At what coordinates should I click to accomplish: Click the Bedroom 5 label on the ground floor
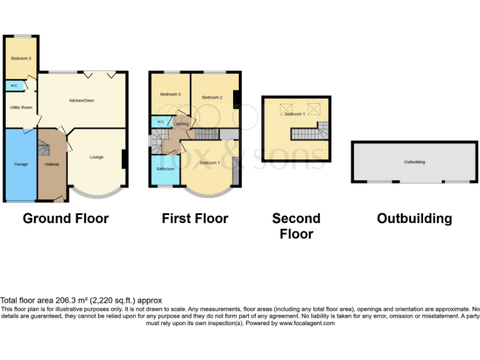pyautogui.click(x=21, y=58)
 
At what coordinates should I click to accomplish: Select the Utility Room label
pyautogui.click(x=21, y=107)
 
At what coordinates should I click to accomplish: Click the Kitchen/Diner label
pyautogui.click(x=82, y=100)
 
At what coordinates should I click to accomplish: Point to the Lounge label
pyautogui.click(x=96, y=157)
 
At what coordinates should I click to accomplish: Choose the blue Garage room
pyautogui.click(x=21, y=164)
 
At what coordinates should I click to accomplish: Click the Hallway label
pyautogui.click(x=52, y=164)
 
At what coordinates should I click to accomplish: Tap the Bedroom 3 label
pyautogui.click(x=170, y=94)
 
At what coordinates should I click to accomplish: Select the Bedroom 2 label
pyautogui.click(x=212, y=97)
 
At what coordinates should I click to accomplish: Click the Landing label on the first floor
pyautogui.click(x=181, y=124)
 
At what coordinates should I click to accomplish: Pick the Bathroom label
pyautogui.click(x=165, y=169)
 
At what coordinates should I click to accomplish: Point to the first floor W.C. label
pyautogui.click(x=160, y=121)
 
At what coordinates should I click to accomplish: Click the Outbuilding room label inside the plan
pyautogui.click(x=414, y=162)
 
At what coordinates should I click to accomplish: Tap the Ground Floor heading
pyautogui.click(x=66, y=219)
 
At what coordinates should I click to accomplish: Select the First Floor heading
pyautogui.click(x=195, y=219)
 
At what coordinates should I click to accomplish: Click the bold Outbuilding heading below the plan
pyautogui.click(x=414, y=219)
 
